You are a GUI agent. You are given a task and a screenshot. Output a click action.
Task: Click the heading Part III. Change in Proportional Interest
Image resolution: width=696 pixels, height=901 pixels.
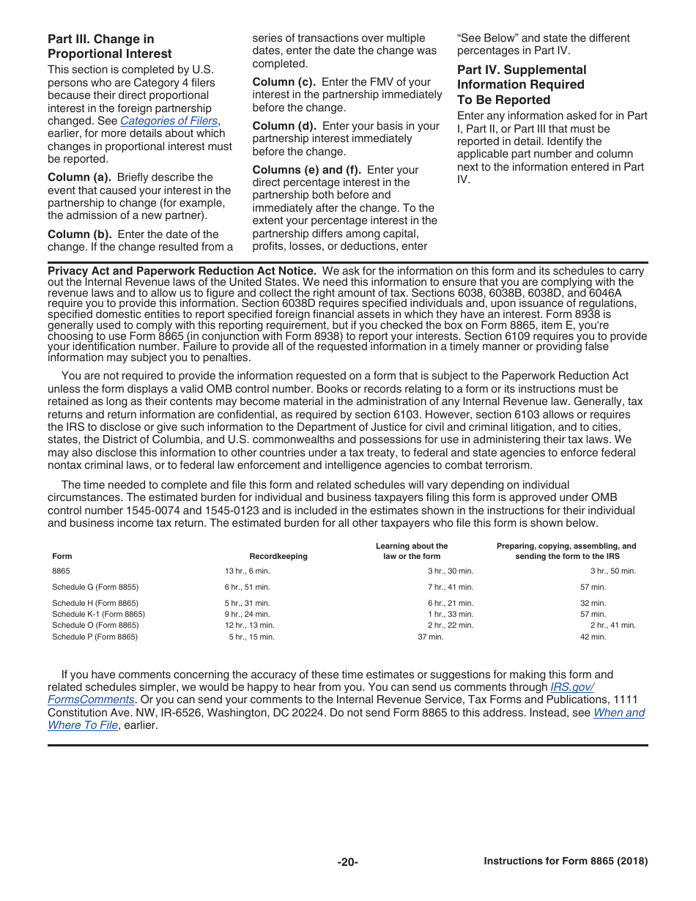point(110,46)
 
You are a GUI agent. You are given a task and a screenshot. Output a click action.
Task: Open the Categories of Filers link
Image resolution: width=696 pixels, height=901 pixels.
point(169,121)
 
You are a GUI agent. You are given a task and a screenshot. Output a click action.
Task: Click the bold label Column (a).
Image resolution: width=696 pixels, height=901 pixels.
point(79,177)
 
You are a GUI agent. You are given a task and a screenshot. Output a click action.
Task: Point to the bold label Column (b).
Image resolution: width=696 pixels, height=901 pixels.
point(79,234)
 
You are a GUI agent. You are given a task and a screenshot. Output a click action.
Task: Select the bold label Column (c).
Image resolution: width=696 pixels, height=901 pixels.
point(284,82)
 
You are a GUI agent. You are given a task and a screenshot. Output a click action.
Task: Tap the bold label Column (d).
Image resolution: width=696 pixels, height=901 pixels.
point(284,126)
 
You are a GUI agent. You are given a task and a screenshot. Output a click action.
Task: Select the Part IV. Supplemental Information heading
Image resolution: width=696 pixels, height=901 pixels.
point(522,85)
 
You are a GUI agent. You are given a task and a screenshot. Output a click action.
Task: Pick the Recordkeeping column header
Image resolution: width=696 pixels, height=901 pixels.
point(278,557)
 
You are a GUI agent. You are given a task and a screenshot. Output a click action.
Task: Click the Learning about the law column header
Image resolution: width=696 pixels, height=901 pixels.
point(412,551)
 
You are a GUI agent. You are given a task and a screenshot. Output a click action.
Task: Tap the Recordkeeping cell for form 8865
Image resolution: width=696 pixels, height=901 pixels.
point(247,571)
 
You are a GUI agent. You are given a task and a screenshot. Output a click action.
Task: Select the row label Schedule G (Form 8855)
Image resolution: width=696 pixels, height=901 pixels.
point(95,587)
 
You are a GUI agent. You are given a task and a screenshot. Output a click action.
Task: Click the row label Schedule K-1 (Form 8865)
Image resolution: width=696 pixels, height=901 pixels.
point(98,615)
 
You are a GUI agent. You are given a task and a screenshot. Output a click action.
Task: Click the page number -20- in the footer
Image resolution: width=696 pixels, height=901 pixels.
point(348,862)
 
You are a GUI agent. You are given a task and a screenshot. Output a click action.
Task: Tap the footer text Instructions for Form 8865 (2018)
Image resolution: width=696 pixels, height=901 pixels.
point(566,861)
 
